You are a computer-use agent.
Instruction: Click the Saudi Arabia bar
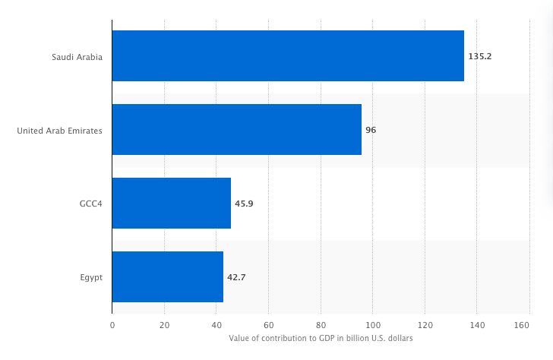click(x=288, y=56)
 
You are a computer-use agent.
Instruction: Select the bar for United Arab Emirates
click(x=237, y=130)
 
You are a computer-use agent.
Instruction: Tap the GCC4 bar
click(x=172, y=204)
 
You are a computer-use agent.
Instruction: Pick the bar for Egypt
click(x=168, y=276)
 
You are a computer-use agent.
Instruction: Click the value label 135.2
click(x=480, y=56)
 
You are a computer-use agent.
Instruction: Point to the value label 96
click(x=371, y=130)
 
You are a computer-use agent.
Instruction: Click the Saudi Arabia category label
click(x=77, y=57)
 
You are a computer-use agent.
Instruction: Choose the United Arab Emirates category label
click(x=59, y=130)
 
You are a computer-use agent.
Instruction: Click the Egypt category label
click(x=90, y=277)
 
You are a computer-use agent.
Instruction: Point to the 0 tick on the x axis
click(x=112, y=324)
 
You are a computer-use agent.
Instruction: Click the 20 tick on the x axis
click(x=164, y=324)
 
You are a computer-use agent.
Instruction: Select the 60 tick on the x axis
click(x=268, y=324)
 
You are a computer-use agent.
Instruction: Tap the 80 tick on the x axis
click(x=321, y=324)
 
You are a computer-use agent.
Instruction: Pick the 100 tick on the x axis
click(x=373, y=324)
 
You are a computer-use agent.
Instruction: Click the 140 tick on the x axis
click(x=477, y=324)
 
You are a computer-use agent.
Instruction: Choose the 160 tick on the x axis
click(x=522, y=324)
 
